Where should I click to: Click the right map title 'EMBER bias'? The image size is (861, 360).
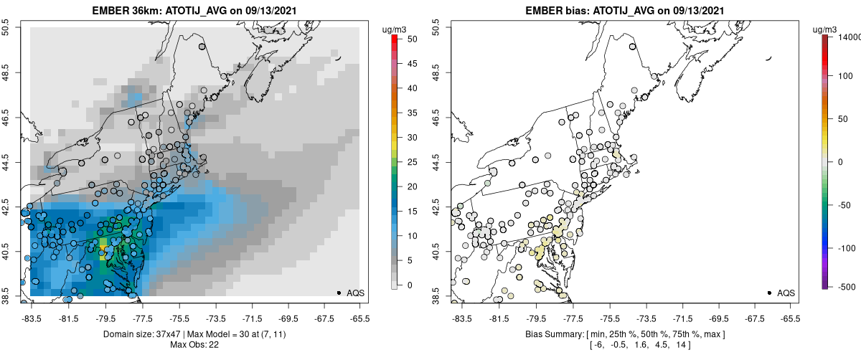tap(545, 11)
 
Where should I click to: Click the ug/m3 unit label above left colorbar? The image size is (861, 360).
tap(395, 29)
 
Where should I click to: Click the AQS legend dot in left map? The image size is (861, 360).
tap(339, 293)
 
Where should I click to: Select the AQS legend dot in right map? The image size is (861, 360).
tap(769, 293)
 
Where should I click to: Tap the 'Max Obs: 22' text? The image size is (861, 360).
tap(194, 345)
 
